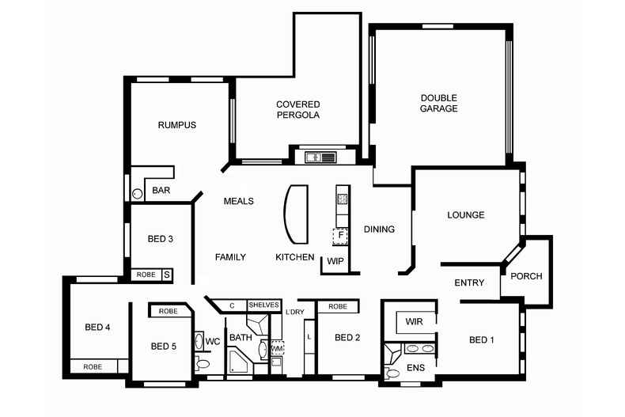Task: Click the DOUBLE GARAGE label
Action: (438, 103)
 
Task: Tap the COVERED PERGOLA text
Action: (298, 110)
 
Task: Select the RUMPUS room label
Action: (177, 125)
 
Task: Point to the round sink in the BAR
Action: (137, 194)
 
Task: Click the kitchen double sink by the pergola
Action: (321, 157)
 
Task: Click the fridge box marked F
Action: (340, 236)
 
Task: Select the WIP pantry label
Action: (335, 262)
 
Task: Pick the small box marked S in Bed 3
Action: (167, 275)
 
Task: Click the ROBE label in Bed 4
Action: (93, 367)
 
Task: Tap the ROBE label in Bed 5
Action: (169, 311)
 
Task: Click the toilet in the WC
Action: (203, 363)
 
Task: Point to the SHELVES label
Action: (264, 305)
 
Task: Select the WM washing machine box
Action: (278, 348)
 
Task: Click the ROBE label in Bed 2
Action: (338, 306)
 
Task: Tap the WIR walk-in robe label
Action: (414, 321)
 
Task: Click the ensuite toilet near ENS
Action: (392, 373)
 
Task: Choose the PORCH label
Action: (526, 276)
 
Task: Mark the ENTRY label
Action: (469, 282)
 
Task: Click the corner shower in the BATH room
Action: (238, 361)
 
